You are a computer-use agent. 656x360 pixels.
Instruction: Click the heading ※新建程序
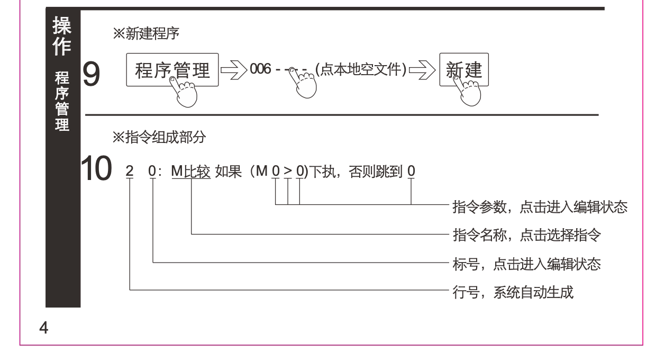pos(146,35)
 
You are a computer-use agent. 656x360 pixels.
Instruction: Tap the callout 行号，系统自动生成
pos(513,291)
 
